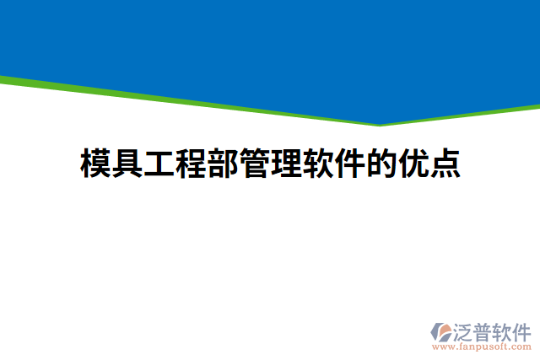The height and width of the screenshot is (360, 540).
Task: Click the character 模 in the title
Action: pyautogui.click(x=95, y=164)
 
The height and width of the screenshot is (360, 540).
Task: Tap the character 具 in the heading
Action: pyautogui.click(x=127, y=164)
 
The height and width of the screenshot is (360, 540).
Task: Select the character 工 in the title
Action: pyautogui.click(x=159, y=164)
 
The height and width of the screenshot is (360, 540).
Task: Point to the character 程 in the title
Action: pyautogui.click(x=192, y=164)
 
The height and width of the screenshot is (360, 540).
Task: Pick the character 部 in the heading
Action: pyautogui.click(x=224, y=164)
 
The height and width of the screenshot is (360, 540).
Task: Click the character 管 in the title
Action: pyautogui.click(x=255, y=164)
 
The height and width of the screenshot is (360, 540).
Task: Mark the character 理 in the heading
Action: pyautogui.click(x=287, y=164)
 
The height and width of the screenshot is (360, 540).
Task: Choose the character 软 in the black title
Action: pyautogui.click(x=319, y=164)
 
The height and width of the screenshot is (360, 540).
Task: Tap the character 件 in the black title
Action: pyautogui.click(x=350, y=164)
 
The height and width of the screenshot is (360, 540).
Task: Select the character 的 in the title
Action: pyautogui.click(x=382, y=164)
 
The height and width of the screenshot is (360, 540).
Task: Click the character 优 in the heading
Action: pyautogui.click(x=414, y=164)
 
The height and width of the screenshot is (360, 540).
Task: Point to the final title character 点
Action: pyautogui.click(x=445, y=164)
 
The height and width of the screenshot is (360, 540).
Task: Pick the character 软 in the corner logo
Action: pyautogui.click(x=502, y=330)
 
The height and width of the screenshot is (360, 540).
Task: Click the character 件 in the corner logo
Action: pyautogui.click(x=521, y=330)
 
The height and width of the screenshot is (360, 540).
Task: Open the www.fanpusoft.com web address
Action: pyautogui.click(x=483, y=347)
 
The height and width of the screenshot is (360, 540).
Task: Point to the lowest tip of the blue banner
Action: pyautogui.click(x=379, y=123)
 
